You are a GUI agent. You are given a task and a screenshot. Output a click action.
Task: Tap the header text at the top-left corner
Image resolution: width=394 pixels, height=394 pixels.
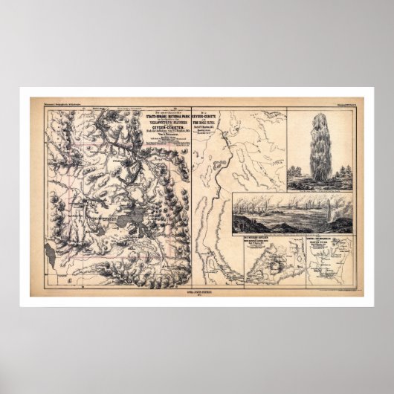[51, 102]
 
